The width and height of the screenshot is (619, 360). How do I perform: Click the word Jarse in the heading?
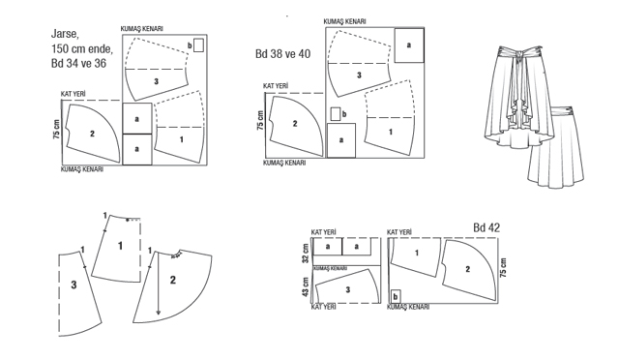pos(65,35)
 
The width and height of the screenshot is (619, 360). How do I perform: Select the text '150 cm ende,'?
pos(81,48)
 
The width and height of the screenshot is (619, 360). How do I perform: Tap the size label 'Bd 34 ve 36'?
pos(78,63)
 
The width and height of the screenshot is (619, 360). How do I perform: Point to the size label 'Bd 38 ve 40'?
pos(282,54)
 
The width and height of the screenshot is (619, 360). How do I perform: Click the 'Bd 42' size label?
pos(486,227)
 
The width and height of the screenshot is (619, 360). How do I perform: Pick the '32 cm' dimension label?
pos(306,254)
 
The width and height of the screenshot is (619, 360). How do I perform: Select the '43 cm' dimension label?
pos(306,287)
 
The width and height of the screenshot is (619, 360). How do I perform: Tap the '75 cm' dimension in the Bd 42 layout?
pos(503,267)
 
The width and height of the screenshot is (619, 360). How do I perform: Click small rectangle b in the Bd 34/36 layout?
pos(198,45)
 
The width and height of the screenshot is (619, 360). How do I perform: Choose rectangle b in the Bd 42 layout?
pos(396,296)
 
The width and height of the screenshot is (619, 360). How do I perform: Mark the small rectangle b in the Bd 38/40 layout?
pos(336,114)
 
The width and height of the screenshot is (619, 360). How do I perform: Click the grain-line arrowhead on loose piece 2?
pos(159,313)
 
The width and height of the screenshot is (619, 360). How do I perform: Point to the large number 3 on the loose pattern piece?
pos(74,285)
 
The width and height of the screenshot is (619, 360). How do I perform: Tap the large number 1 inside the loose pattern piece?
pos(120,246)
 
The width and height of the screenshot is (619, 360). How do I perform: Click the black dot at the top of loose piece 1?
pos(127,220)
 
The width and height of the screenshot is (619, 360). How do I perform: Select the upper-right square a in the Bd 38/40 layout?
pos(409,45)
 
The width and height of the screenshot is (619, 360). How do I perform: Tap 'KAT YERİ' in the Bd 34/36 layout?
pos(74,94)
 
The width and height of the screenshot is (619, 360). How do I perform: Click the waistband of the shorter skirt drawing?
pos(562,110)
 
